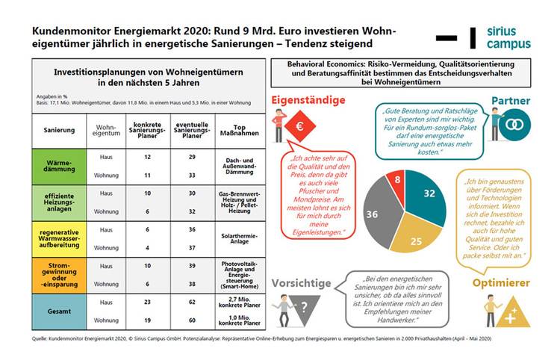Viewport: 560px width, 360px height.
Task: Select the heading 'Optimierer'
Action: [502, 283]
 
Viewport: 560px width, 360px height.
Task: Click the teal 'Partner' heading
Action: [510, 100]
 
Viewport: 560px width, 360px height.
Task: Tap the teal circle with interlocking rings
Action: [512, 127]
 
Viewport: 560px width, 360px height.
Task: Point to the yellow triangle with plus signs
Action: [513, 311]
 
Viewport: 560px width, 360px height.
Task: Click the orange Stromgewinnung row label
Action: [59, 276]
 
